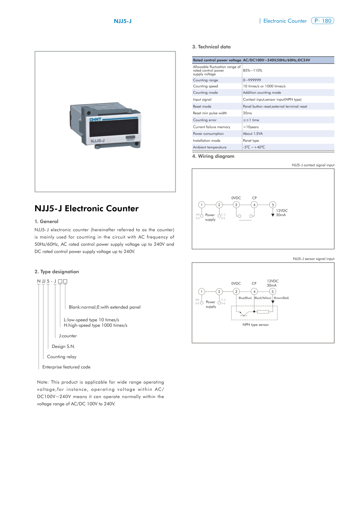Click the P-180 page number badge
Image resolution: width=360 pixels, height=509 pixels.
click(323, 21)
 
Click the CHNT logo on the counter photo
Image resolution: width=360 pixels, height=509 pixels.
click(96, 120)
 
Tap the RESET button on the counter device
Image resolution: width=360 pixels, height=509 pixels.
click(130, 138)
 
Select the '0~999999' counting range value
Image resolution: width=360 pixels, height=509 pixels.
click(252, 80)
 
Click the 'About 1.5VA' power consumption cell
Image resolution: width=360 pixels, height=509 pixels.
click(253, 134)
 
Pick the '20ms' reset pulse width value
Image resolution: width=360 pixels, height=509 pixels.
click(247, 113)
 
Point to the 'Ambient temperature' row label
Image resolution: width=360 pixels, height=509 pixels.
click(210, 147)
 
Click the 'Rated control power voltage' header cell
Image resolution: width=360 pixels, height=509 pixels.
click(217, 60)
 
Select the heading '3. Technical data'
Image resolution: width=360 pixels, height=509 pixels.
click(211, 47)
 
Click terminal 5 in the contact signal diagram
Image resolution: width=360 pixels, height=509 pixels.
click(273, 205)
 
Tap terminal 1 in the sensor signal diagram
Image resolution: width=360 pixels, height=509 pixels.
click(202, 292)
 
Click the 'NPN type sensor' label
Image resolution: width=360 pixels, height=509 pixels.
click(256, 325)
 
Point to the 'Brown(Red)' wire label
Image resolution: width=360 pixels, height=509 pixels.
click(281, 298)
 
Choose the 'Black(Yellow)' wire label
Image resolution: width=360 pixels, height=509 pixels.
click(263, 298)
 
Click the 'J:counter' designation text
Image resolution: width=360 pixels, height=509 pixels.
click(68, 336)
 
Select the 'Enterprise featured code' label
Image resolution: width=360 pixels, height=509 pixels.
click(66, 367)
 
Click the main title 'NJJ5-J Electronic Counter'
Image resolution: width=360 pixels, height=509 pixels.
click(86, 209)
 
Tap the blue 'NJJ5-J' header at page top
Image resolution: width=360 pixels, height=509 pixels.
click(123, 21)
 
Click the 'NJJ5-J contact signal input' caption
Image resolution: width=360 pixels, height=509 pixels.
click(313, 165)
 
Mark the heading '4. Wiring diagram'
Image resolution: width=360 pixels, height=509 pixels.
click(213, 156)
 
